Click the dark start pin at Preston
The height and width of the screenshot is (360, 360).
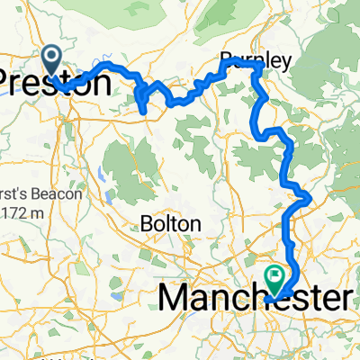(50, 61)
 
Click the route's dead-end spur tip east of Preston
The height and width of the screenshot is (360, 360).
(143, 112)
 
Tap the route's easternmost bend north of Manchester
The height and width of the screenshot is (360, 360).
(308, 194)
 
